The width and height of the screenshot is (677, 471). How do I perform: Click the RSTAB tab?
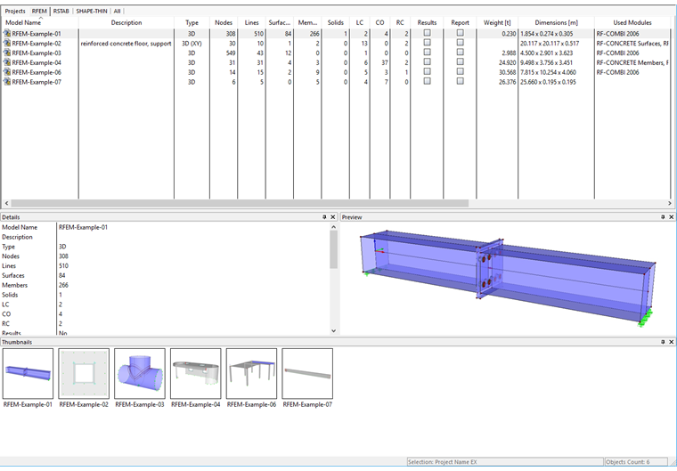(61, 12)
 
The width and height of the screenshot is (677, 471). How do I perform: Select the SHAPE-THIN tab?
(92, 12)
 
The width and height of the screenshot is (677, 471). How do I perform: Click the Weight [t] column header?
(497, 22)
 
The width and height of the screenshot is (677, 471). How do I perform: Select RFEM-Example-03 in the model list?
(37, 53)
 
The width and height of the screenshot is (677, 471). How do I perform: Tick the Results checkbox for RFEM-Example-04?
(427, 61)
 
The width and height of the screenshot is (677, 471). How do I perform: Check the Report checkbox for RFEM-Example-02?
(461, 43)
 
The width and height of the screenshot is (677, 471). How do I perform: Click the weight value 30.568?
(508, 72)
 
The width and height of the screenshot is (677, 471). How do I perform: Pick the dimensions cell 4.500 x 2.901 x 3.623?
(547, 53)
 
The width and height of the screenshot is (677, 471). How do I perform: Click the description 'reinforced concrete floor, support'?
(126, 44)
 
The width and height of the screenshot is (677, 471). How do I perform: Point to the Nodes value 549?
(231, 53)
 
